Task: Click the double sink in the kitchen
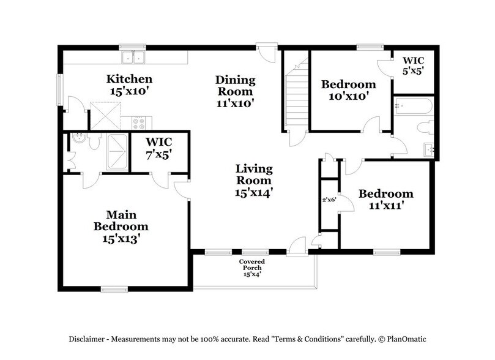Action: [133, 58]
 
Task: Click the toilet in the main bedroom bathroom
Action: [92, 142]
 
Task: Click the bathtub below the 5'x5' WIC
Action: [414, 107]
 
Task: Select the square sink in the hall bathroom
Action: [428, 149]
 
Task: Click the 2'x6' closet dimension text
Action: [329, 200]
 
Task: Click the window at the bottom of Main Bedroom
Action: [114, 290]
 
